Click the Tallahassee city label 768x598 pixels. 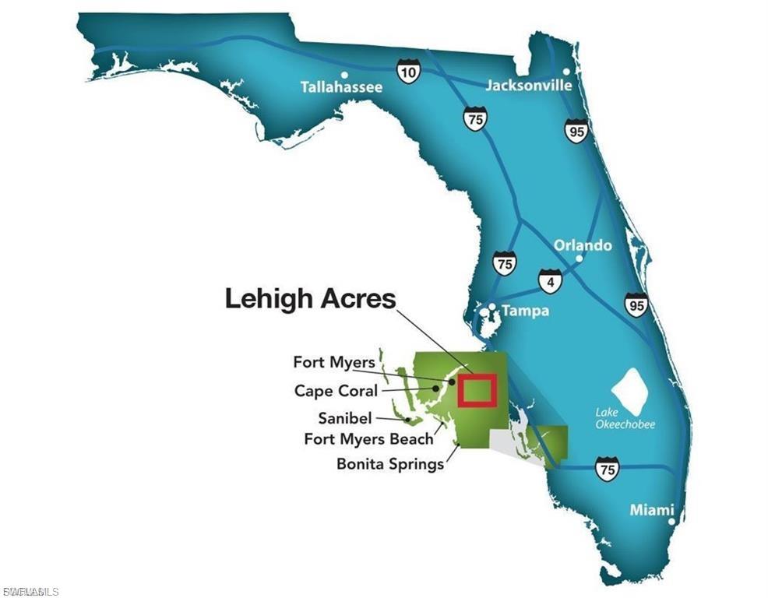coord(341,87)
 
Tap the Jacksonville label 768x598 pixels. coord(528,85)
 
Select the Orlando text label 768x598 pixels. coord(583,245)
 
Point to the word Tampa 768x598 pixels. coord(525,311)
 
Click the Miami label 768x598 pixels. coord(652,510)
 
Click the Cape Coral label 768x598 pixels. coord(336,391)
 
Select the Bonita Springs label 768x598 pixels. coord(390,464)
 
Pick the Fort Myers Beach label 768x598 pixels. coord(368,439)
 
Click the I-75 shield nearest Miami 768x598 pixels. coord(607,469)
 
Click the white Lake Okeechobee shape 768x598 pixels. coord(632,389)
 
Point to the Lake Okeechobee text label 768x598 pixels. coord(625,418)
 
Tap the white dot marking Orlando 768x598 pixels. coord(580,258)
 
